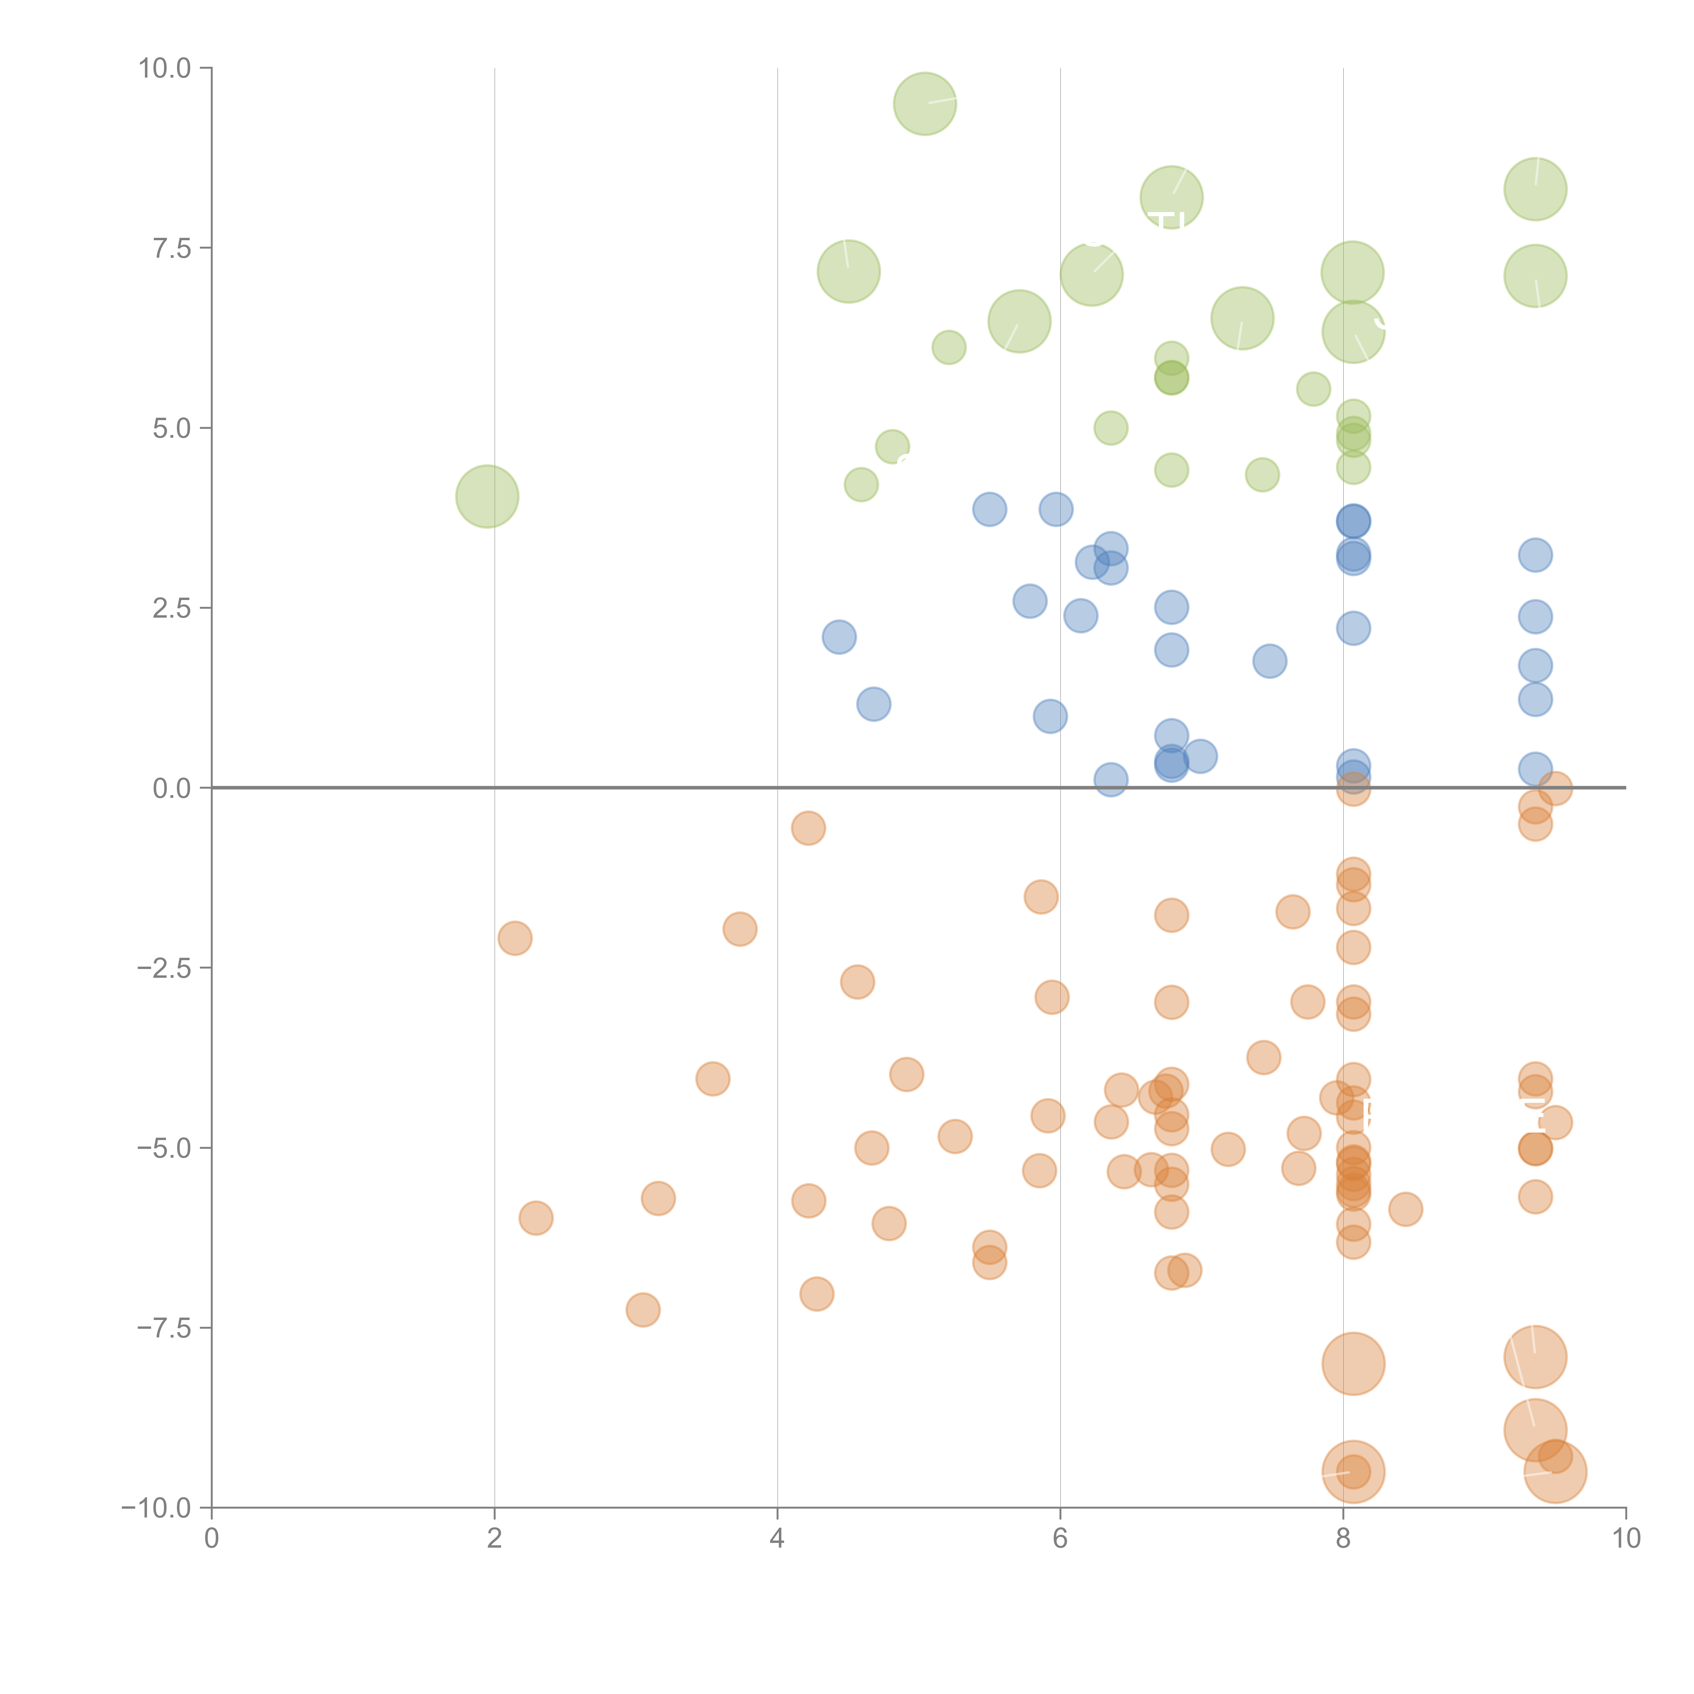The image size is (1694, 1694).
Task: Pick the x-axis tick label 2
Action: click(x=495, y=1539)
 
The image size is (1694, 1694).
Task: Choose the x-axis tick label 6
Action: click(x=1060, y=1539)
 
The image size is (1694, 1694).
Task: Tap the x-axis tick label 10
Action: click(x=1626, y=1539)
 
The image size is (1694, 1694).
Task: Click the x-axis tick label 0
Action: click(x=211, y=1539)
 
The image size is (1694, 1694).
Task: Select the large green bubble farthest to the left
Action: click(x=488, y=496)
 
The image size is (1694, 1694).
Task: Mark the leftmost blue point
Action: click(x=839, y=637)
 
